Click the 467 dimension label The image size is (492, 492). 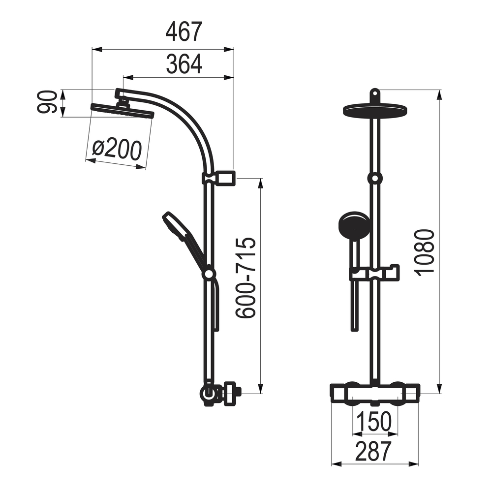pos(184,32)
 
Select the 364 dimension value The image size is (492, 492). pos(184,64)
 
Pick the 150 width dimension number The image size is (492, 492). pos(374,421)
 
